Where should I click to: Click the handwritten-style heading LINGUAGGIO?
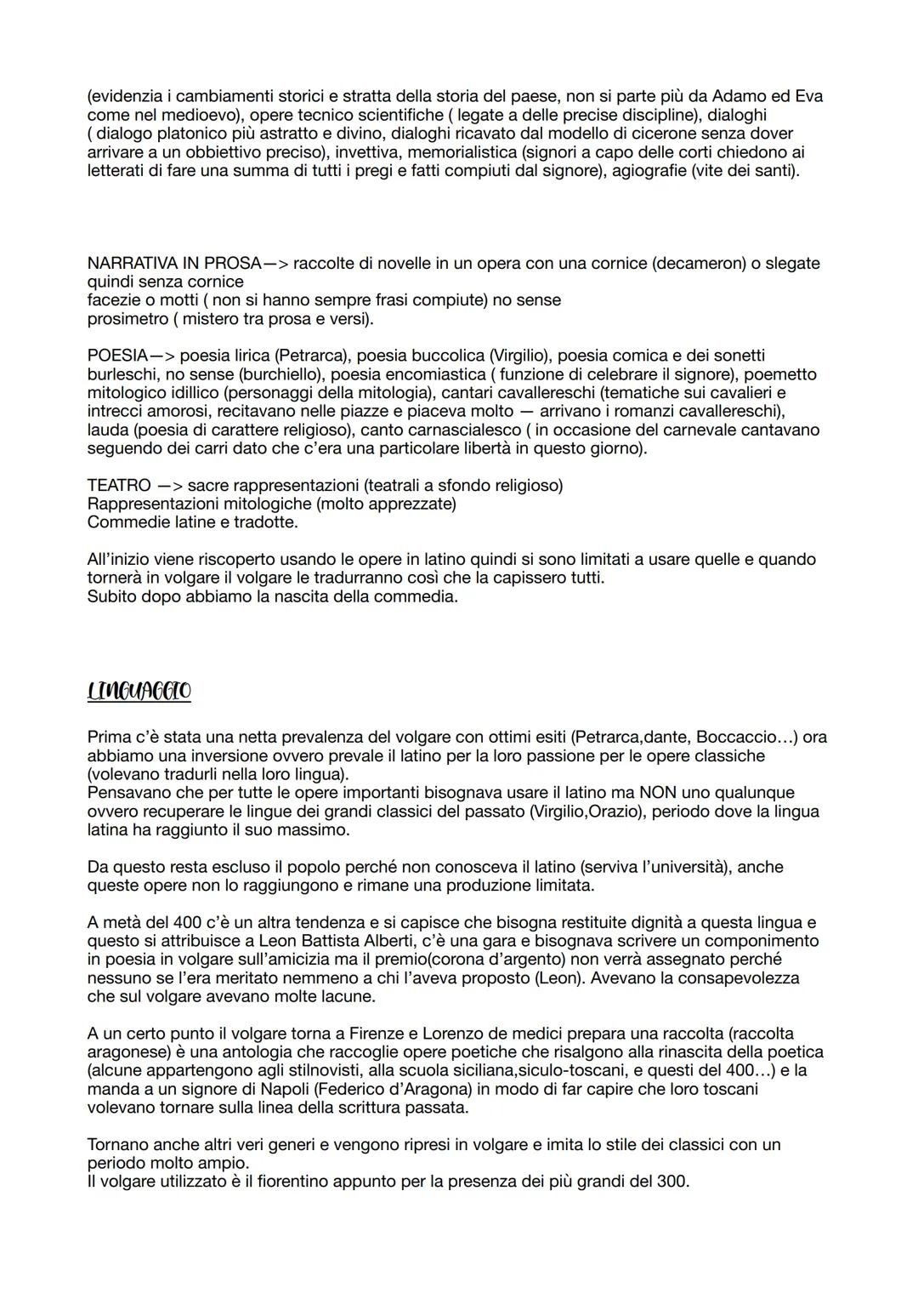pyautogui.click(x=139, y=691)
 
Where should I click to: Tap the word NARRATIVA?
pyautogui.click(x=131, y=263)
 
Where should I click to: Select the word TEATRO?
pyautogui.click(x=117, y=485)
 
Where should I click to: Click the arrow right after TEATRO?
pyautogui.click(x=167, y=485)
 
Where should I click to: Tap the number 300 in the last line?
pyautogui.click(x=671, y=1182)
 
